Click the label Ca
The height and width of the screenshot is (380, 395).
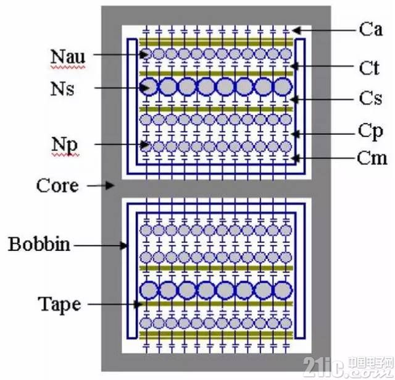pyautogui.click(x=371, y=29)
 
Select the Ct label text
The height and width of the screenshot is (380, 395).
pyautogui.click(x=369, y=67)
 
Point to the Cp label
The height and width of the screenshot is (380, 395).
pyautogui.click(x=370, y=132)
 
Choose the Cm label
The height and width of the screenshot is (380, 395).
pyautogui.click(x=372, y=158)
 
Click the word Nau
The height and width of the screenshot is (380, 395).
pyautogui.click(x=68, y=56)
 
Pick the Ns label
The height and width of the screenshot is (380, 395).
pyautogui.click(x=62, y=88)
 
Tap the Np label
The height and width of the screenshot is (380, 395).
pyautogui.click(x=65, y=145)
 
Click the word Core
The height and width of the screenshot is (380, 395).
pyautogui.click(x=57, y=185)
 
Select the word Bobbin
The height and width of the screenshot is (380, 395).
pyautogui.click(x=39, y=244)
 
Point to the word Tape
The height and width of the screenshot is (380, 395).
pyautogui.click(x=59, y=305)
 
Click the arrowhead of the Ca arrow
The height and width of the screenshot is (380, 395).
pyautogui.click(x=296, y=30)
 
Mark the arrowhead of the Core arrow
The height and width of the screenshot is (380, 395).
pyautogui.click(x=110, y=185)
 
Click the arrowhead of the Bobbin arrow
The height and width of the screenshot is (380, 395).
pyautogui.click(x=123, y=245)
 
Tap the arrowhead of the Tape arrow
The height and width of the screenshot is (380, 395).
pyautogui.click(x=138, y=305)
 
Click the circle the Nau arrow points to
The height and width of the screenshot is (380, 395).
pyautogui.click(x=146, y=54)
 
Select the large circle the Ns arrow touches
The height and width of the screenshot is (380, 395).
pyautogui.click(x=148, y=87)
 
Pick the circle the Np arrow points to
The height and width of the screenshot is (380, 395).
pyautogui.click(x=146, y=146)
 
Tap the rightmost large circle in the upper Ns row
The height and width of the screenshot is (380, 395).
pyautogui.click(x=283, y=87)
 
